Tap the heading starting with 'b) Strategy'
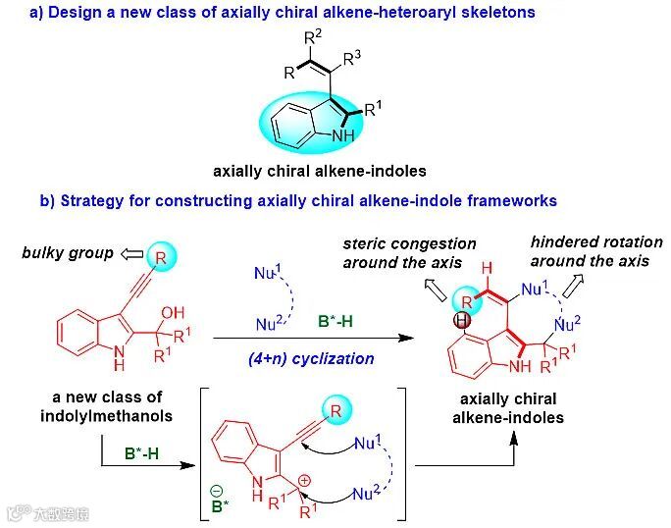[298, 201]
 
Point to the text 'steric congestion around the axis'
[408, 253]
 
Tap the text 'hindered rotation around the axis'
[595, 251]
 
